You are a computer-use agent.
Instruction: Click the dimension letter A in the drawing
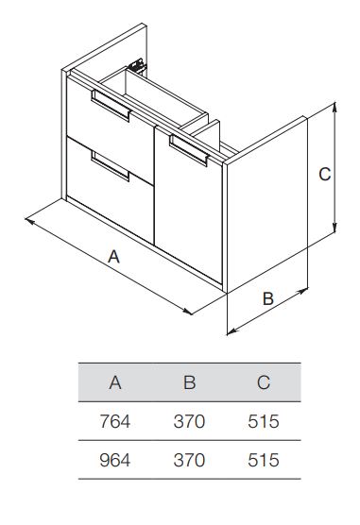coord(113,257)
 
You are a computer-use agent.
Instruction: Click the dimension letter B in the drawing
coord(268,298)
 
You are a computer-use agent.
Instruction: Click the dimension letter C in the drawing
coord(324,174)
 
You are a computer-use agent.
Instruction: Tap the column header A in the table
coord(115,382)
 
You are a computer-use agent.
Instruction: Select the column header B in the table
coord(189,382)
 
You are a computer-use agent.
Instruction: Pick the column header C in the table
coord(264,382)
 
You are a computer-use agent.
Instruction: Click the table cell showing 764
coord(115,421)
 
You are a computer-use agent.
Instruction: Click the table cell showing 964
coord(115,460)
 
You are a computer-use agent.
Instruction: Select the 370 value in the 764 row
coord(189,421)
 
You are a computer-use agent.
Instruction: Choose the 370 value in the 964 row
coord(189,460)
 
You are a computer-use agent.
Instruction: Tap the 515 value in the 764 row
coord(264,421)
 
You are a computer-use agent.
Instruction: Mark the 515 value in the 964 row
coord(264,460)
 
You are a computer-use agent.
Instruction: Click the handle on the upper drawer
coord(111,105)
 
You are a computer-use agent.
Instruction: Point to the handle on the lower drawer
coord(111,166)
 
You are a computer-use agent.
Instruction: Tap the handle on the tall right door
coord(189,150)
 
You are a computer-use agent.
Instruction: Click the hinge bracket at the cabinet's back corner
coord(138,65)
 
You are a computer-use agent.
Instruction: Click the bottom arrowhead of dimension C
coord(334,228)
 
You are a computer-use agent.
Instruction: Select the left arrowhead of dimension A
coord(29,221)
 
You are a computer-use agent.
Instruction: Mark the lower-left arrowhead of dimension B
coord(231,331)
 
